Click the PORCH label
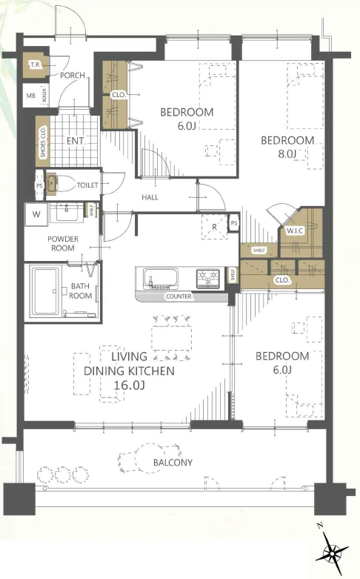click(73, 76)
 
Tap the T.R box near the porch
click(36, 65)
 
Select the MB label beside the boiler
click(30, 96)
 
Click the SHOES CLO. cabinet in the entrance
click(43, 142)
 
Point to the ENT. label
click(76, 141)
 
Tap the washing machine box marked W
click(36, 214)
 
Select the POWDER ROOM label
click(63, 243)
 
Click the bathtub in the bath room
click(45, 291)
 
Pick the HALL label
click(150, 197)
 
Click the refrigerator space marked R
click(214, 227)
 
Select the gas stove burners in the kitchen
click(208, 278)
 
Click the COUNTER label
click(179, 296)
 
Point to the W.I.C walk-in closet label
click(295, 231)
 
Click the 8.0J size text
click(287, 153)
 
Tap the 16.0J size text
click(129, 386)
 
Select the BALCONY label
click(173, 463)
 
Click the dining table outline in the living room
click(172, 339)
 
